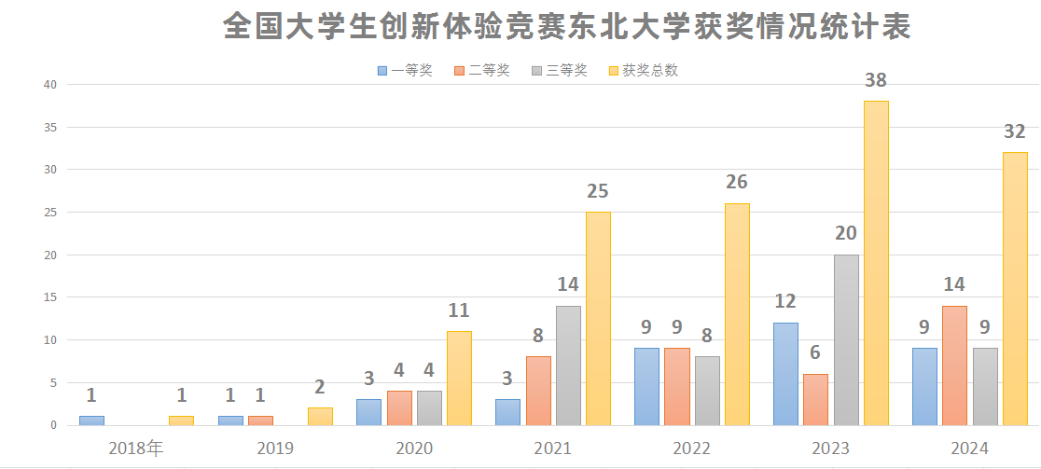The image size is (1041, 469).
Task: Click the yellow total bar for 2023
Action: click(876, 263)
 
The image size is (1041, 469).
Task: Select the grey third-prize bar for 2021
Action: click(568, 366)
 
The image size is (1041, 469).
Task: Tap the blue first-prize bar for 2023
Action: click(785, 374)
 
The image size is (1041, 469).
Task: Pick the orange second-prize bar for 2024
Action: click(954, 366)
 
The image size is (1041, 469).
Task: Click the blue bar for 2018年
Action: click(91, 421)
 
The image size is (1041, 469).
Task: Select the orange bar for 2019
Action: click(260, 421)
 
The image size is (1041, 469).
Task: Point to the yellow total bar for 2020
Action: click(459, 379)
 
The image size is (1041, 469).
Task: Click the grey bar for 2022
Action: click(707, 391)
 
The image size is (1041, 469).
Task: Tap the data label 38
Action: click(875, 81)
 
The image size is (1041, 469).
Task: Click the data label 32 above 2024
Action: click(1015, 131)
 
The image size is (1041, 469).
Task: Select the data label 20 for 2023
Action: click(846, 233)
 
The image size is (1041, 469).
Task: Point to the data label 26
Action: click(737, 182)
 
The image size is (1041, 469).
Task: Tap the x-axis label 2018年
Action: click(136, 448)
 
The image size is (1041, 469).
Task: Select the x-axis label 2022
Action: click(691, 448)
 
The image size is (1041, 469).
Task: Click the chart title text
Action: click(566, 26)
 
